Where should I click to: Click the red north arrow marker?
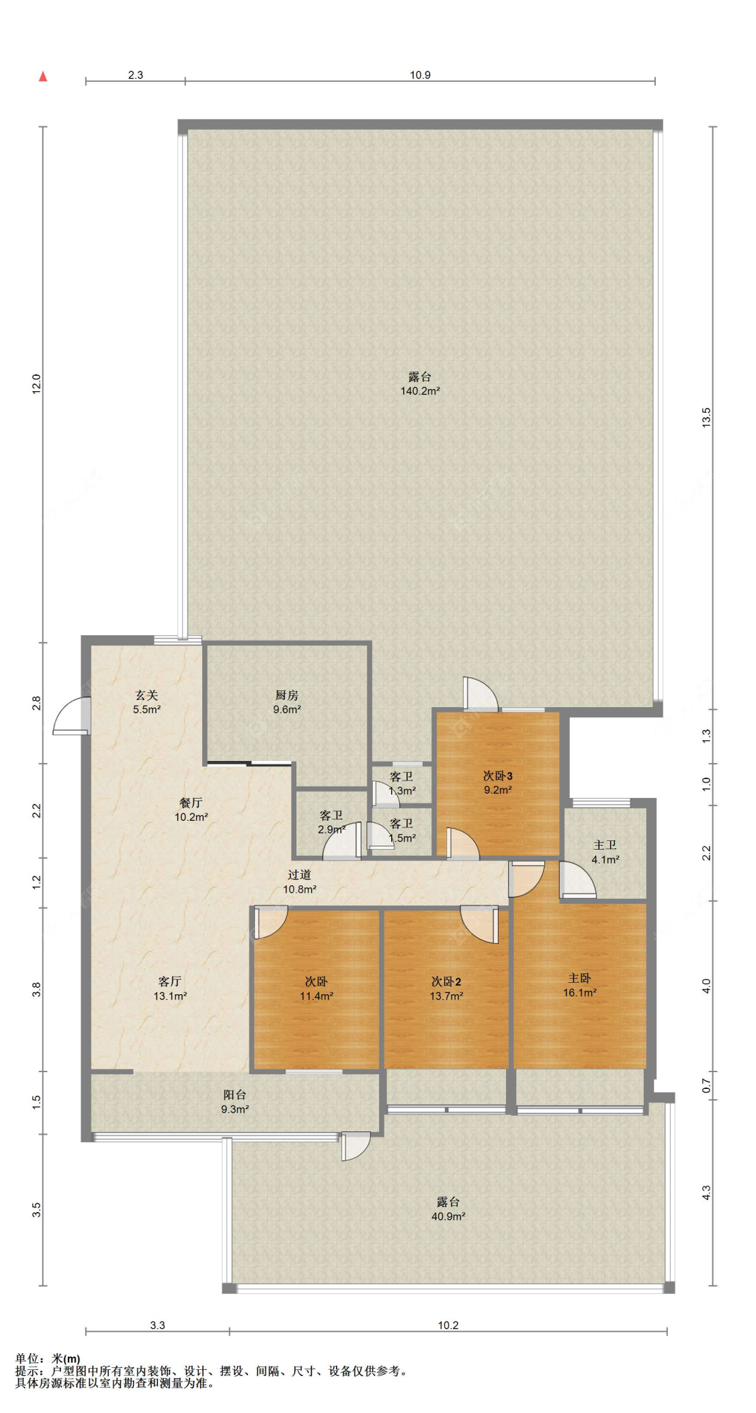43,76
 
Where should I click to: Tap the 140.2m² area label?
420,391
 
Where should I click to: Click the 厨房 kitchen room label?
286,695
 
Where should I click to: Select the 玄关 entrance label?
146,695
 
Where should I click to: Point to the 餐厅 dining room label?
191,803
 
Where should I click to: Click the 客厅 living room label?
170,981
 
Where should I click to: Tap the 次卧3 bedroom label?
498,776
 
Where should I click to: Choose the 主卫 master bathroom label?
605,845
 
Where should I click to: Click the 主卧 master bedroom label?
579,978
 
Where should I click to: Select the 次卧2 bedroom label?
446,981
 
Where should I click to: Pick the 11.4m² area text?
317,996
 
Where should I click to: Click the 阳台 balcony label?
235,1094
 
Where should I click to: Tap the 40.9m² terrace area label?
448,1217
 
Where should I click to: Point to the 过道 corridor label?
299,875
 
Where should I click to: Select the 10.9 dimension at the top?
420,75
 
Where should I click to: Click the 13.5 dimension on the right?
706,417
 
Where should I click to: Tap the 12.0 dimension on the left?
37,384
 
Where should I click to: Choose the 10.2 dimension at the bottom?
448,1326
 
